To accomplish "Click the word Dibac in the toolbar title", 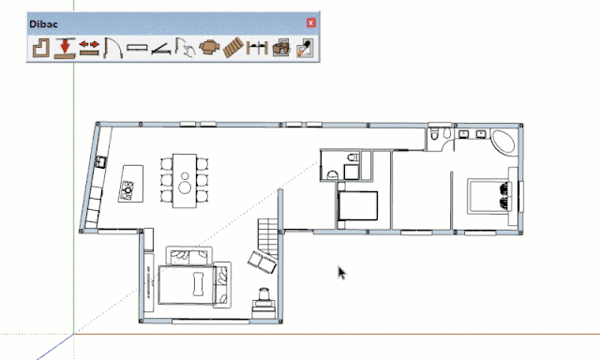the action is click(x=43, y=24).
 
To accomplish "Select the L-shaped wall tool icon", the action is click(x=41, y=48).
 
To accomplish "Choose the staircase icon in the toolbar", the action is click(x=233, y=48).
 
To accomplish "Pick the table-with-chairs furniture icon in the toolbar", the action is click(x=210, y=48).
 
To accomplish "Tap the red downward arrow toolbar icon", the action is click(x=65, y=48).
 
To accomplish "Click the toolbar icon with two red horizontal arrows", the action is click(x=89, y=48).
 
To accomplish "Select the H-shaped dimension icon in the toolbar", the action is click(x=257, y=48).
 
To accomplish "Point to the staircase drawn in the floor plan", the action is click(x=268, y=237).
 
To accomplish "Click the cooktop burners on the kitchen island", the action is click(x=127, y=189).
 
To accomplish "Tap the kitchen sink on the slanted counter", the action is click(x=101, y=162).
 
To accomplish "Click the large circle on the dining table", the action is click(x=186, y=187).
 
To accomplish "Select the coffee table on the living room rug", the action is click(x=198, y=284).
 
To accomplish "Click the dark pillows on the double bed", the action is click(x=504, y=196).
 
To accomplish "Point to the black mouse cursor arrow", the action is click(x=341, y=273).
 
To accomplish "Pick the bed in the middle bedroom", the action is click(x=357, y=205).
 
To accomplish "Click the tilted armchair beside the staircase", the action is click(x=262, y=262).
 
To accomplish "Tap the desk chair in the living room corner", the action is click(x=264, y=294).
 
